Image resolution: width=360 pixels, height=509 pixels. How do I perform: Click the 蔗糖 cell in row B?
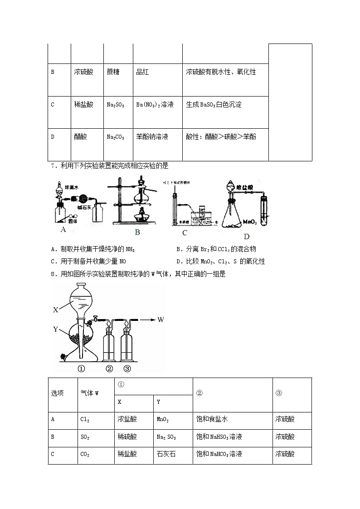[113, 72]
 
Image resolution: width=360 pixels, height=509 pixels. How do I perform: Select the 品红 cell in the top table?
[142, 72]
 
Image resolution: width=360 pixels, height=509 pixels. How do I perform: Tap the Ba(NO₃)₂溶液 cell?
[155, 105]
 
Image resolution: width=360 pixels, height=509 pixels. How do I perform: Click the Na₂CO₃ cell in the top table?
[115, 136]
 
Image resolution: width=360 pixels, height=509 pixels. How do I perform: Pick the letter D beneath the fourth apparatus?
[247, 236]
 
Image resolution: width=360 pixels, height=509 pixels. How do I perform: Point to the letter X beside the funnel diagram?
[56, 310]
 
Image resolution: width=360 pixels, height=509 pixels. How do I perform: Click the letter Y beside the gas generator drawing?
[55, 330]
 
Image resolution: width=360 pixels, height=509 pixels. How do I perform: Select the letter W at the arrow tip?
[161, 320]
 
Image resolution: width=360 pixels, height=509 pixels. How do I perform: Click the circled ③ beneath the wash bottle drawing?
[127, 368]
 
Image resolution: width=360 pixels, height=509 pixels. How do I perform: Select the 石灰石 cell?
[166, 454]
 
